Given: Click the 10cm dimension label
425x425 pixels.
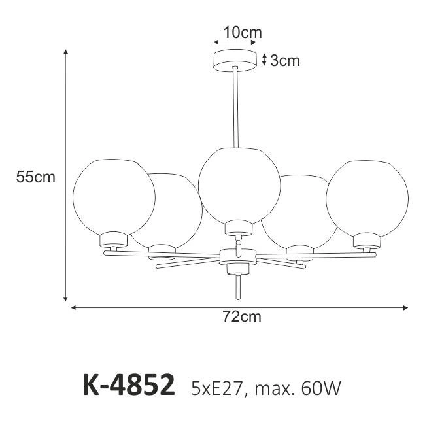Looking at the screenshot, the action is pyautogui.click(x=243, y=33).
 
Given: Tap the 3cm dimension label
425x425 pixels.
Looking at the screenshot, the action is pyautogui.click(x=285, y=61).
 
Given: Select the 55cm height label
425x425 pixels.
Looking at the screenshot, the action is pyautogui.click(x=35, y=177).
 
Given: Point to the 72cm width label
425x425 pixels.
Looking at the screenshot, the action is pyautogui.click(x=242, y=316).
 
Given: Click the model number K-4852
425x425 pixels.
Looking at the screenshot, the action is pyautogui.click(x=128, y=385).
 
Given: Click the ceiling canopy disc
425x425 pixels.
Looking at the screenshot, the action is pyautogui.click(x=235, y=61).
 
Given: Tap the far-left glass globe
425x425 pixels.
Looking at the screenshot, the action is pyautogui.click(x=114, y=197).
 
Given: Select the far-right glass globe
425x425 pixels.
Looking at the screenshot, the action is pyautogui.click(x=367, y=199).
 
